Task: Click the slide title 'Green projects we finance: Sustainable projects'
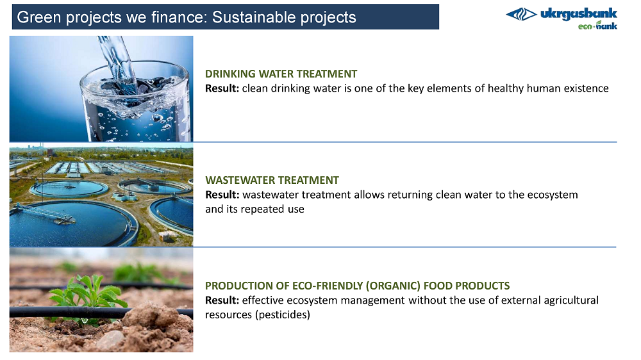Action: click(x=187, y=17)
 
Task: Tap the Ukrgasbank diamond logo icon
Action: click(x=521, y=14)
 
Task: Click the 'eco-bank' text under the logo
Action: click(x=597, y=26)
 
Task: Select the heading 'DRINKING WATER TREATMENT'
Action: click(x=281, y=74)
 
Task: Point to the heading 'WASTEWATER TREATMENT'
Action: click(x=272, y=180)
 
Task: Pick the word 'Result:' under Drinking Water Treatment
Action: click(x=222, y=88)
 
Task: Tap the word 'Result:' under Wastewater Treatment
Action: click(x=222, y=195)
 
